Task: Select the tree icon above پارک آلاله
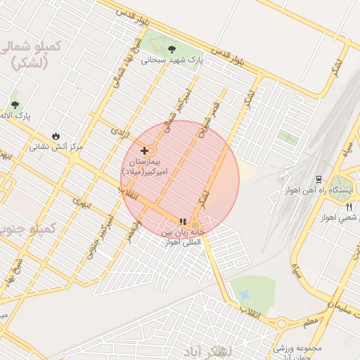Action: [x=15, y=104]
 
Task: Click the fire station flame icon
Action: [x=56, y=136]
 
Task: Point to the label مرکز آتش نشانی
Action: [x=56, y=148]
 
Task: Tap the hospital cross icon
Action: [x=145, y=150]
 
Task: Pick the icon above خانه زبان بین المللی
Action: [x=184, y=221]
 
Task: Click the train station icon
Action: [x=319, y=179]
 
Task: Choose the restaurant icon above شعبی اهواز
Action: [x=349, y=207]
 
